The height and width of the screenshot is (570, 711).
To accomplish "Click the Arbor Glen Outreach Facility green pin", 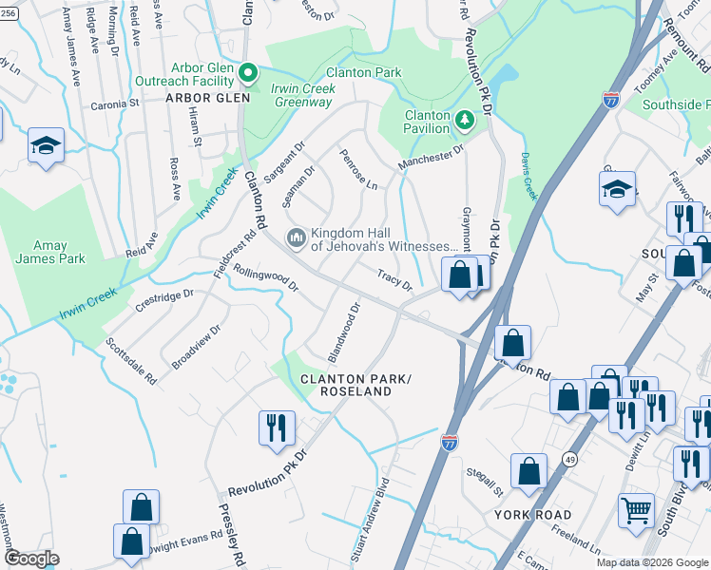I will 248,72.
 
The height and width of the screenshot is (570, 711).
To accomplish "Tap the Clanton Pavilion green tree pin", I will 464,120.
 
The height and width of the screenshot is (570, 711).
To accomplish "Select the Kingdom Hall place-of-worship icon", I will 297,235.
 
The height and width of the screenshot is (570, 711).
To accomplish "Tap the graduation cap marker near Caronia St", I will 46,145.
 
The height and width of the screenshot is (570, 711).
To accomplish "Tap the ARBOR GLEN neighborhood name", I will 207,98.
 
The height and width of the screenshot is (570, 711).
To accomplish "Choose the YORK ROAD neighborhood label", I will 532,515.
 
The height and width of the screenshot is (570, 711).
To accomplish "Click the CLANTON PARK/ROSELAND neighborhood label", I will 355,385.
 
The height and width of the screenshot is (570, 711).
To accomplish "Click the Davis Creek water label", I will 528,179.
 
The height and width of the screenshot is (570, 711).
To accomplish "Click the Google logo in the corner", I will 32,559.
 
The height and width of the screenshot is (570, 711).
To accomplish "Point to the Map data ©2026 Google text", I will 652,562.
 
